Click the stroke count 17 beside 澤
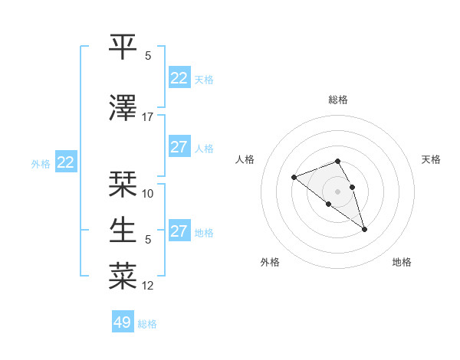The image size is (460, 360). pos(148,117)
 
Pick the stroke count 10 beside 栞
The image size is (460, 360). pos(148,194)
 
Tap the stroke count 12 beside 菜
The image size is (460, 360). pos(148,286)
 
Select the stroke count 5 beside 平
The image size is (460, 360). pos(148,56)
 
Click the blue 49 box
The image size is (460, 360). pos(123,322)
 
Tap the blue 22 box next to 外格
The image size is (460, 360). pos(65,162)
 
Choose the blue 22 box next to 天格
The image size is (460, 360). pos(179,78)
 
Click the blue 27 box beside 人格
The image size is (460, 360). pos(179,147)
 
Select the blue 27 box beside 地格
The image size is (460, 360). pos(179,231)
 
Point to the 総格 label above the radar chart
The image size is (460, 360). pos(338,100)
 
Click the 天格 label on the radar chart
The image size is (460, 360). pos(431,159)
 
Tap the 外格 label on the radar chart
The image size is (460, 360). pos(270,262)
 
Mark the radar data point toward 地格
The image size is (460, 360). pos(364,229)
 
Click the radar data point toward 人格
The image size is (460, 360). pos(294,178)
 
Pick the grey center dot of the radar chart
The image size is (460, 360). pos(338,191)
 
